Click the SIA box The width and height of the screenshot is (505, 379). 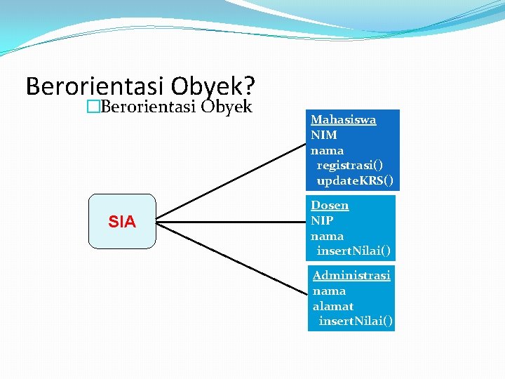point(122,222)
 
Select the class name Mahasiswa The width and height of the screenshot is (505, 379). point(343,120)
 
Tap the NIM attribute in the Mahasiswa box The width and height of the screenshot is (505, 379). point(324,135)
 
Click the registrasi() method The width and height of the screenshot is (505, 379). point(350,166)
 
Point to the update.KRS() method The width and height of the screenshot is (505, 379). point(355,181)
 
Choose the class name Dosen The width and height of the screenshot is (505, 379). point(330,206)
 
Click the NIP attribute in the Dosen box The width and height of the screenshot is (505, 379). point(322,220)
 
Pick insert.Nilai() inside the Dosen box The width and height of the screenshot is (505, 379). point(353,251)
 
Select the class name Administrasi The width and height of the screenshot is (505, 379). point(351,275)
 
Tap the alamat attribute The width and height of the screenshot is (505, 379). point(332,306)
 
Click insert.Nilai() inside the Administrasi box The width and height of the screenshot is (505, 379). point(356,321)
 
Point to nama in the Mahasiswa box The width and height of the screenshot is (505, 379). point(327,150)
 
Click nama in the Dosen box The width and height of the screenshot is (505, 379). point(327,236)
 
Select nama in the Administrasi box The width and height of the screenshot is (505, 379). point(329,291)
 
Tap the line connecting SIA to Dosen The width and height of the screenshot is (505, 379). point(231,222)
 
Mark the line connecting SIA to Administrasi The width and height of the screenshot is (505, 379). point(231,258)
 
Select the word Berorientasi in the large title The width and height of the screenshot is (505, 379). point(95,86)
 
